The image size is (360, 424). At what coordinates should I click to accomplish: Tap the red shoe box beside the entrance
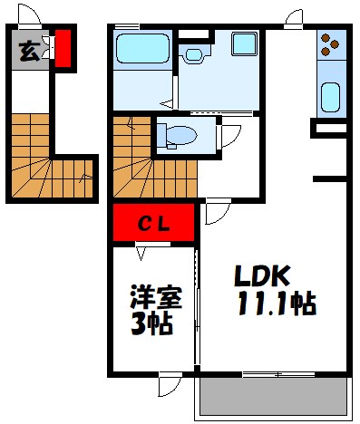tap(63, 48)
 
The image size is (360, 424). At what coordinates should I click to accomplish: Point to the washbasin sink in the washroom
tap(193, 53)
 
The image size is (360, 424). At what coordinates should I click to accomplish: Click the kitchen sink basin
tap(331, 95)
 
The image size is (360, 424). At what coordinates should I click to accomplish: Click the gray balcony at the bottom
tap(273, 398)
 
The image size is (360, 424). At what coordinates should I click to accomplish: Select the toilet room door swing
tap(231, 133)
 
